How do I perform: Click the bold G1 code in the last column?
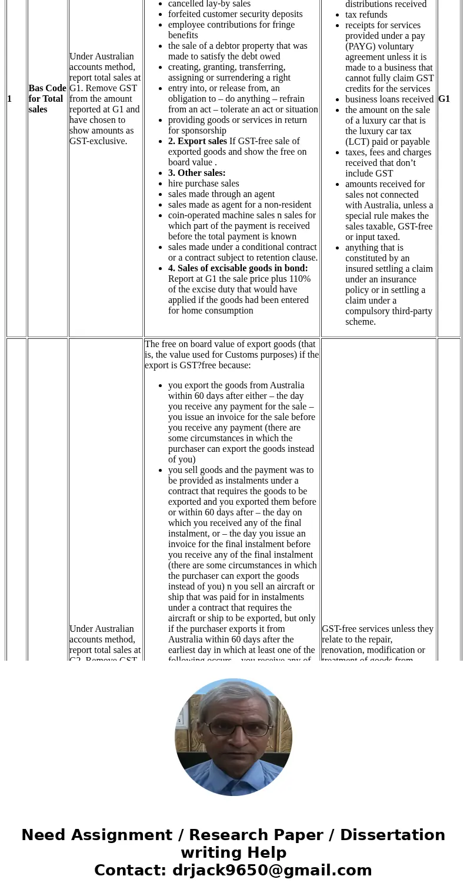pos(444,99)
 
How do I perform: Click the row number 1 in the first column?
pos(9,99)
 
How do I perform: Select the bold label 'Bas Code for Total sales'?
pos(47,99)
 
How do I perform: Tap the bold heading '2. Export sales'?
pos(198,141)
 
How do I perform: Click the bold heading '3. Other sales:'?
pos(197,173)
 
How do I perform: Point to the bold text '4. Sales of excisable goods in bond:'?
pos(238,268)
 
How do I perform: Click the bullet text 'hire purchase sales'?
pos(204,184)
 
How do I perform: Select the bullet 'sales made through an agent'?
pos(221,194)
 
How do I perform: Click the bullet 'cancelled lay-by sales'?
pos(209,4)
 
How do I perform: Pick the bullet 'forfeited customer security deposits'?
pos(235,14)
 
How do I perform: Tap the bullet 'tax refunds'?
pos(366,15)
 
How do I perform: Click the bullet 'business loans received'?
pos(389,99)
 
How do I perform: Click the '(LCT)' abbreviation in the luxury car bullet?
pos(358,142)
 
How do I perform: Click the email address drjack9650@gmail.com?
pos(272,870)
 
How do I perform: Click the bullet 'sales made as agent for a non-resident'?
pos(240,205)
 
